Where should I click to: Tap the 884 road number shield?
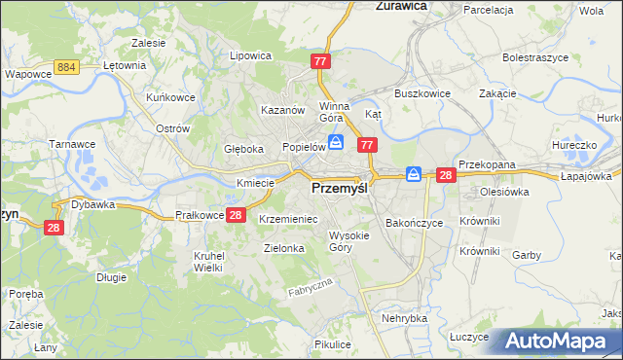[67, 65]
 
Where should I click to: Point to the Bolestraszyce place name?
[534, 57]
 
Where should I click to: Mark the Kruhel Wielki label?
[209, 261]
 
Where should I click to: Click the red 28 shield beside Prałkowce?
[236, 215]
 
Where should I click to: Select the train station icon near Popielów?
[335, 143]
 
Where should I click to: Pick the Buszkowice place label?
[419, 93]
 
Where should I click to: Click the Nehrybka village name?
[405, 318]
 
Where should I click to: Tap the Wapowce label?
[27, 73]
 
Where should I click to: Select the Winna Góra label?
[334, 113]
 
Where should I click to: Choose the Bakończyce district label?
[414, 223]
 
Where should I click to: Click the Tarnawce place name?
[70, 143]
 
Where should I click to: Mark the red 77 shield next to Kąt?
[367, 145]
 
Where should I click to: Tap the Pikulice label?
[333, 344]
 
